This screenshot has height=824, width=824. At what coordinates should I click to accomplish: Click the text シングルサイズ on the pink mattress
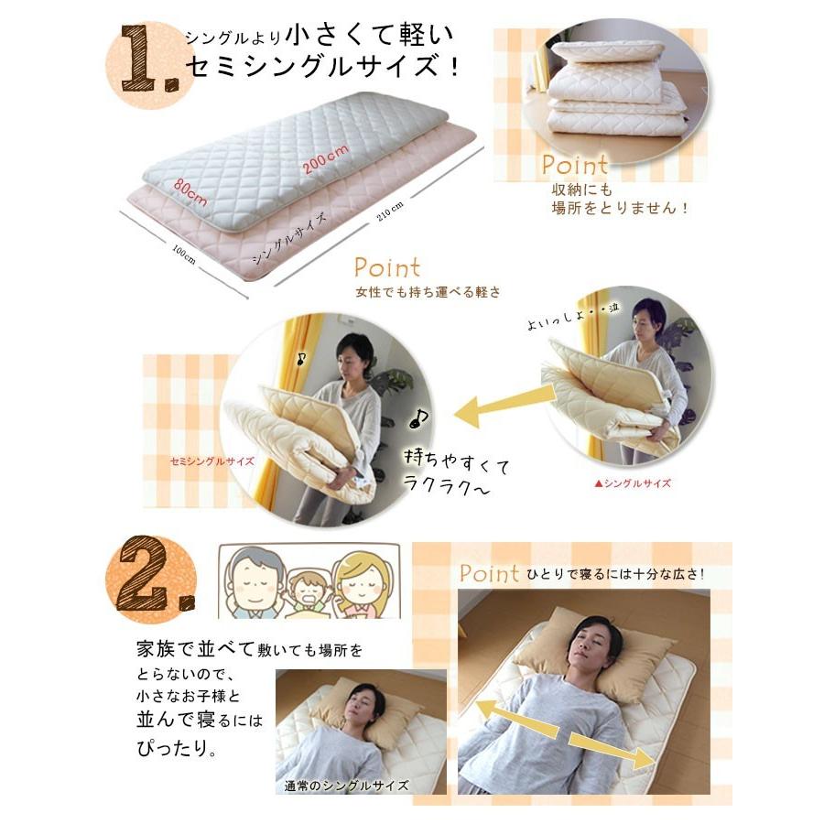282,241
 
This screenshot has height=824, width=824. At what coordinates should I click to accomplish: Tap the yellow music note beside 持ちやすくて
417,419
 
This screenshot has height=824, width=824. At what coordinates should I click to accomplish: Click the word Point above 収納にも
574,166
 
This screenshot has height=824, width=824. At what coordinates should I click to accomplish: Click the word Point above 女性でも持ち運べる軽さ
387,268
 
